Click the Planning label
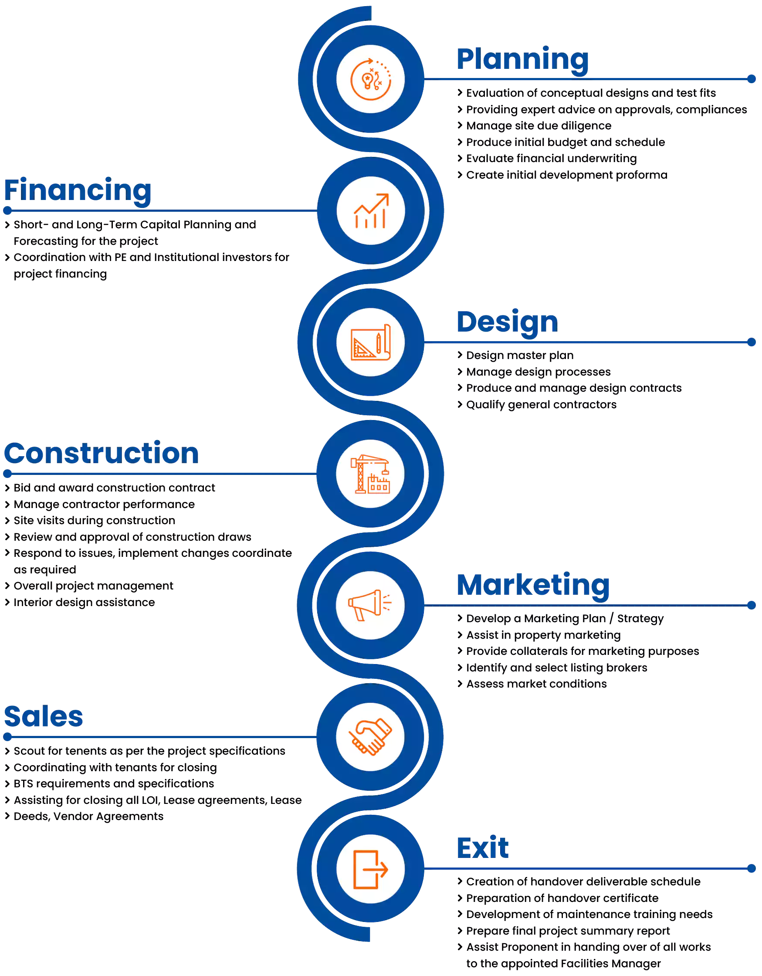pyautogui.click(x=522, y=59)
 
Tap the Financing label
pyautogui.click(x=78, y=190)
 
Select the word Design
pyautogui.click(x=507, y=322)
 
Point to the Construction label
pyautogui.click(x=102, y=453)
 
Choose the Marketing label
pyautogui.click(x=533, y=586)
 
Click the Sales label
pyautogui.click(x=44, y=717)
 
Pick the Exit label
pyautogui.click(x=482, y=848)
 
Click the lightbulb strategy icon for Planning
pyautogui.click(x=370, y=79)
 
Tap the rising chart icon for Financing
pyautogui.click(x=370, y=210)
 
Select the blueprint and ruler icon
pyautogui.click(x=370, y=342)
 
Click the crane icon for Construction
pyautogui.click(x=370, y=474)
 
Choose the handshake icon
pyautogui.click(x=370, y=737)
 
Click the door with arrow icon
pyautogui.click(x=370, y=869)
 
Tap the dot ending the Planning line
pyautogui.click(x=751, y=79)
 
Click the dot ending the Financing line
pyautogui.click(x=7, y=210)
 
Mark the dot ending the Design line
pyautogui.click(x=751, y=342)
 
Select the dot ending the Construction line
pyautogui.click(x=7, y=474)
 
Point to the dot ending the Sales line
pyautogui.click(x=7, y=737)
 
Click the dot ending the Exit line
pyautogui.click(x=751, y=868)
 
